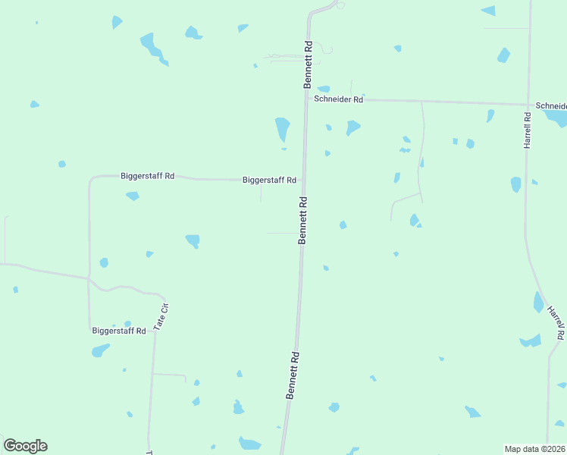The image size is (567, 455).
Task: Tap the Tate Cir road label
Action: (x=160, y=315)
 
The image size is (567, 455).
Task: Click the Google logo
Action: (x=25, y=446)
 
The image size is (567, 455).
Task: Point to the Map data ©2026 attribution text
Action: (x=535, y=449)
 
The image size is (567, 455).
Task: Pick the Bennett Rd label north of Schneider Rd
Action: (x=309, y=65)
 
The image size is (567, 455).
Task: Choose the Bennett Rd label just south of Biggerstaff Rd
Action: (x=303, y=220)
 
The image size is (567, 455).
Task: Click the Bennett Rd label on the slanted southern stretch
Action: (x=293, y=375)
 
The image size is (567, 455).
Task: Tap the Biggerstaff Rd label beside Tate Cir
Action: (x=118, y=331)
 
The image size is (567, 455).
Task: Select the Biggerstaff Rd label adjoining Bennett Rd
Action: (x=269, y=180)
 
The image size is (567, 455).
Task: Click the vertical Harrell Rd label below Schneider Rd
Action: (x=528, y=130)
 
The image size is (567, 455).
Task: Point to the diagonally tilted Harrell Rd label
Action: (x=556, y=322)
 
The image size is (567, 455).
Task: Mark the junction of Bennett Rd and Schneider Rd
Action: (x=306, y=99)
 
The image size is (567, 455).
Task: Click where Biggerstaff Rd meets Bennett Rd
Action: (x=304, y=180)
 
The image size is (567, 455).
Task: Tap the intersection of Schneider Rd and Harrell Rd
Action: (x=528, y=105)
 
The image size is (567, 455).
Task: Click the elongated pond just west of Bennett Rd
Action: (x=282, y=129)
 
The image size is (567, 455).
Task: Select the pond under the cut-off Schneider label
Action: (x=557, y=118)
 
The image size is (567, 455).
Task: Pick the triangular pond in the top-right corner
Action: (x=489, y=11)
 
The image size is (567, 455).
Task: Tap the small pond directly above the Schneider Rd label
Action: (x=324, y=89)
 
